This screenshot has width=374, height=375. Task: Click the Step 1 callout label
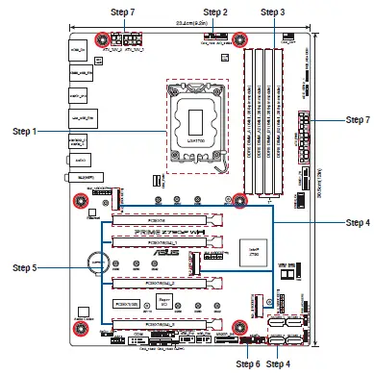point(25,131)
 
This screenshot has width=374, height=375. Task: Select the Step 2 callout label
point(213,12)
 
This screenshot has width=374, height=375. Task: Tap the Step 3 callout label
point(272,12)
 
